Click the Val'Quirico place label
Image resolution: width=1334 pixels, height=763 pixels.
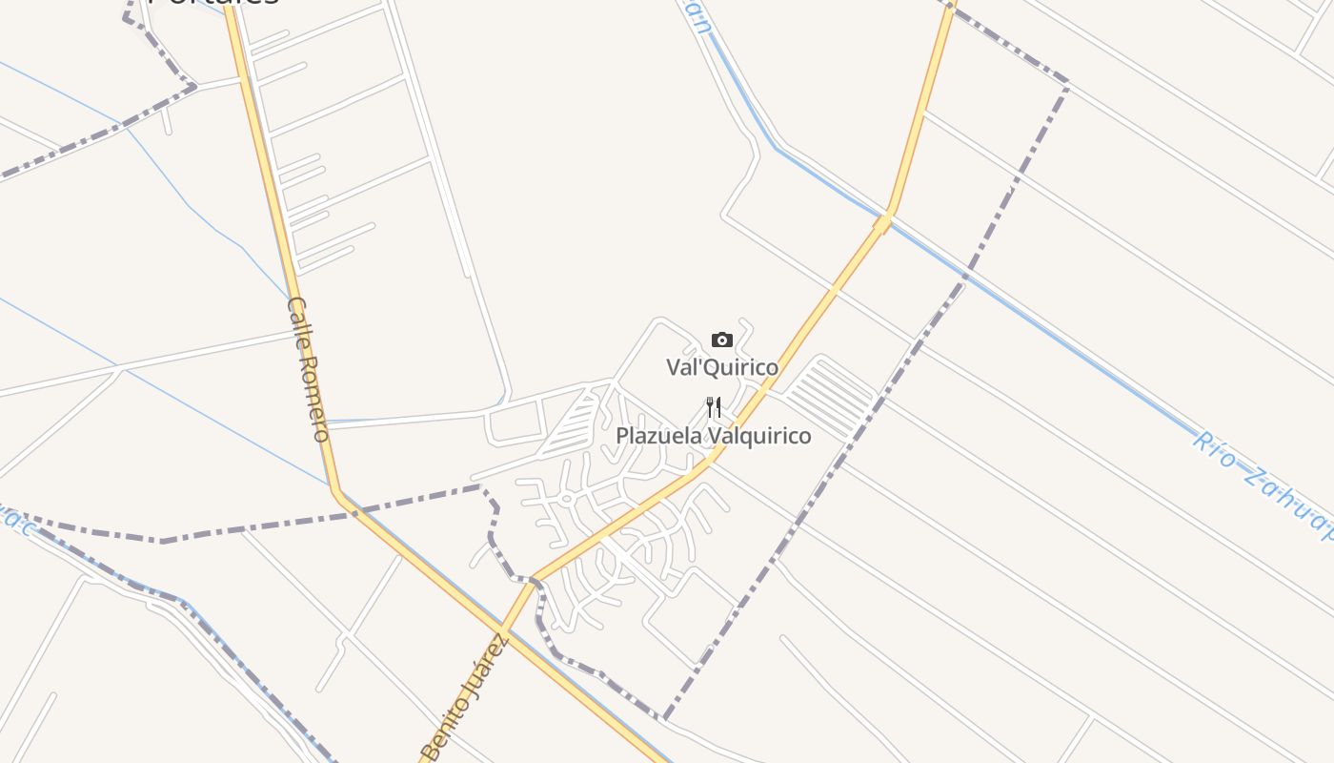click(x=721, y=367)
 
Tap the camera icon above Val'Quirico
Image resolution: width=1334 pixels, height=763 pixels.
click(x=721, y=340)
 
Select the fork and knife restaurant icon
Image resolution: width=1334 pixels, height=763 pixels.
click(x=714, y=408)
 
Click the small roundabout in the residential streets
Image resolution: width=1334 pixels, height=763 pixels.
click(x=566, y=498)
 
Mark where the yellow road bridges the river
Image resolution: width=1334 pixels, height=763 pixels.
click(x=884, y=222)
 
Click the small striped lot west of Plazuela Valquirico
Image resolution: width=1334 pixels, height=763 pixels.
click(x=576, y=425)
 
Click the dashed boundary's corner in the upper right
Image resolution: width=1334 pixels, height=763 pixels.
click(x=1066, y=86)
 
